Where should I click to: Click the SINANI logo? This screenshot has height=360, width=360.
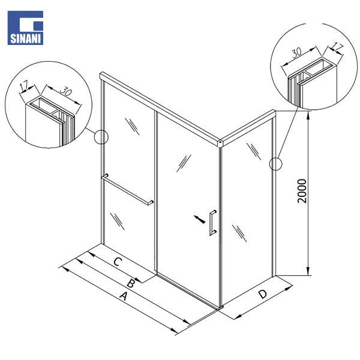click(25, 28)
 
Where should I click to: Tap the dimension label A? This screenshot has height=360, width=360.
click(124, 296)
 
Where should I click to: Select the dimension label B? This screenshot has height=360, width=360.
click(131, 284)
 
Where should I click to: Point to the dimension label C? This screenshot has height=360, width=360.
click(118, 262)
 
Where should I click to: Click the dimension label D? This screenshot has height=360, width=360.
click(263, 294)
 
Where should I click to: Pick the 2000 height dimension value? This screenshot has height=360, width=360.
click(302, 191)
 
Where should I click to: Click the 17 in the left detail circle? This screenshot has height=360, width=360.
click(24, 85)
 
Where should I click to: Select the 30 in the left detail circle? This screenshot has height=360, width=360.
click(66, 91)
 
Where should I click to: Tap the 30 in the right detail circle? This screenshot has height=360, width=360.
click(297, 53)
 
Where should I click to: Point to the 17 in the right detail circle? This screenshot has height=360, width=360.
click(337, 47)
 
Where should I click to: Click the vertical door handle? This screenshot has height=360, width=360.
click(212, 223)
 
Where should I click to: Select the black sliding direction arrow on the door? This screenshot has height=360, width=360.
click(200, 219)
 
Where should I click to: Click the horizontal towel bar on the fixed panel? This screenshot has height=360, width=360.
click(127, 190)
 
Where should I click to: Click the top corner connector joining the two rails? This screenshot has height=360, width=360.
click(220, 143)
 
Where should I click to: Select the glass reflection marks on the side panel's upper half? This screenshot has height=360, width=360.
click(254, 151)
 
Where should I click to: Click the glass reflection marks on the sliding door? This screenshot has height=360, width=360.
click(184, 163)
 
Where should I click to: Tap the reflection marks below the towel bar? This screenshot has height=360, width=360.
click(117, 221)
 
